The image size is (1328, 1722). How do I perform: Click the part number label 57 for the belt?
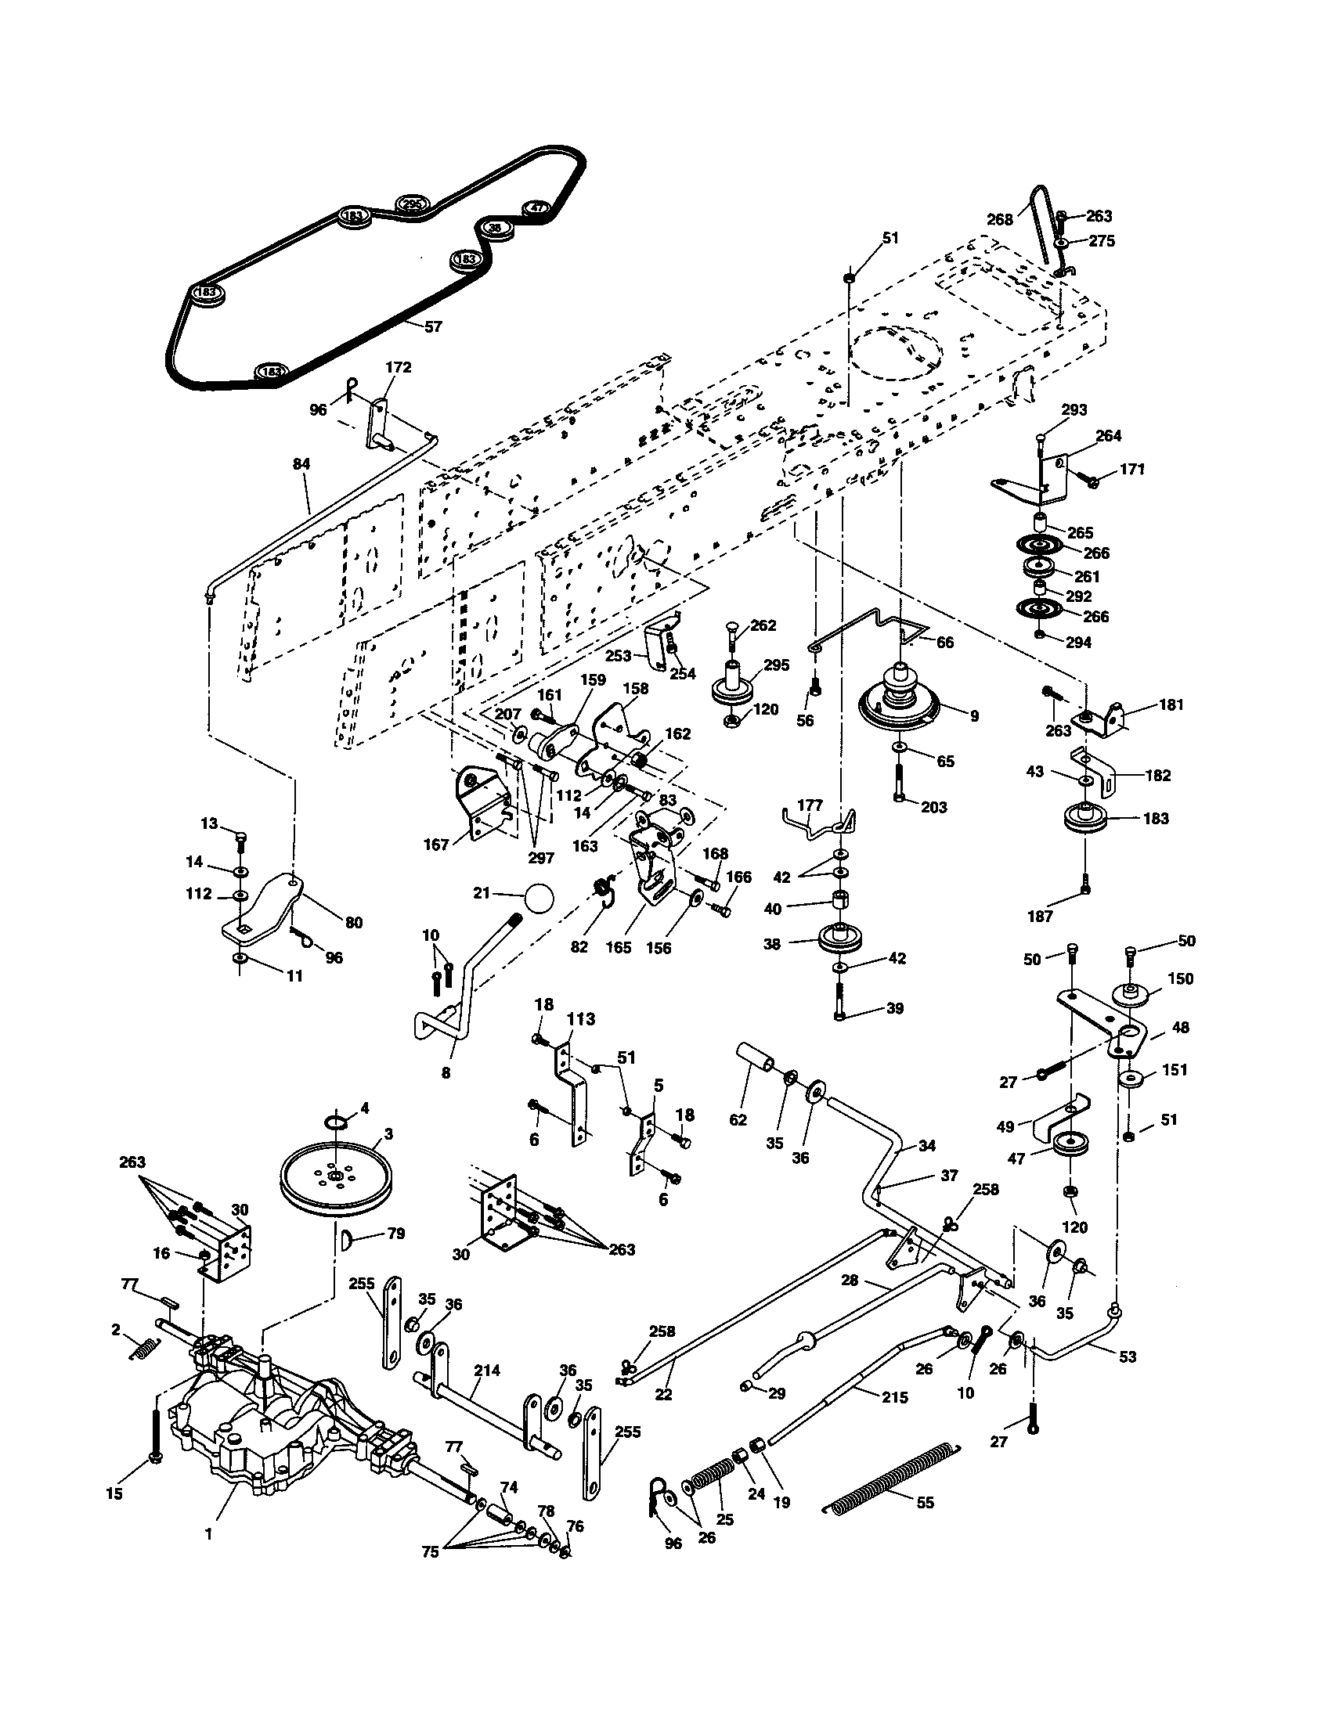point(433,326)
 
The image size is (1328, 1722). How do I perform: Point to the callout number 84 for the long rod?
point(301,464)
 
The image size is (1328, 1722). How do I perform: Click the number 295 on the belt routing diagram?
point(411,204)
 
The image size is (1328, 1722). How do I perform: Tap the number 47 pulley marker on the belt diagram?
point(536,208)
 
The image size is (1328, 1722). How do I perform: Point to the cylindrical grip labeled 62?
point(755,1057)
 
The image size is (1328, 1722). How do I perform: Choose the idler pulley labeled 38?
point(841,938)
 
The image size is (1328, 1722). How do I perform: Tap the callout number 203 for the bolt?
point(933,808)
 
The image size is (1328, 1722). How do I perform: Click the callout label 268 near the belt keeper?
point(999,220)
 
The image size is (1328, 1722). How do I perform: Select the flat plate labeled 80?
point(268,905)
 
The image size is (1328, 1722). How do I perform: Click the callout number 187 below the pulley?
point(1040,917)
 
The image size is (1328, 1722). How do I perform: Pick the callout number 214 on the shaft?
point(487,1371)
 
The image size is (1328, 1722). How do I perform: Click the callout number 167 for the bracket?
point(436,845)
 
